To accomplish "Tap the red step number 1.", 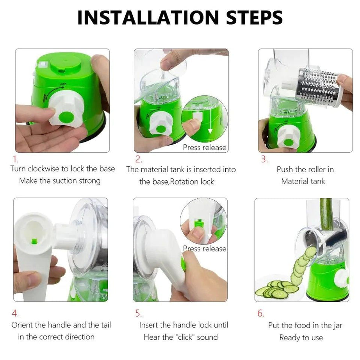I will [x=15, y=159].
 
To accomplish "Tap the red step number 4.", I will [x=15, y=313].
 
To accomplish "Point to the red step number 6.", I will [x=260, y=313].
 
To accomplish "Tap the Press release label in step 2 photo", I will [x=204, y=148].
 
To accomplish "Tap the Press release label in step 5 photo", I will [x=205, y=249].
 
